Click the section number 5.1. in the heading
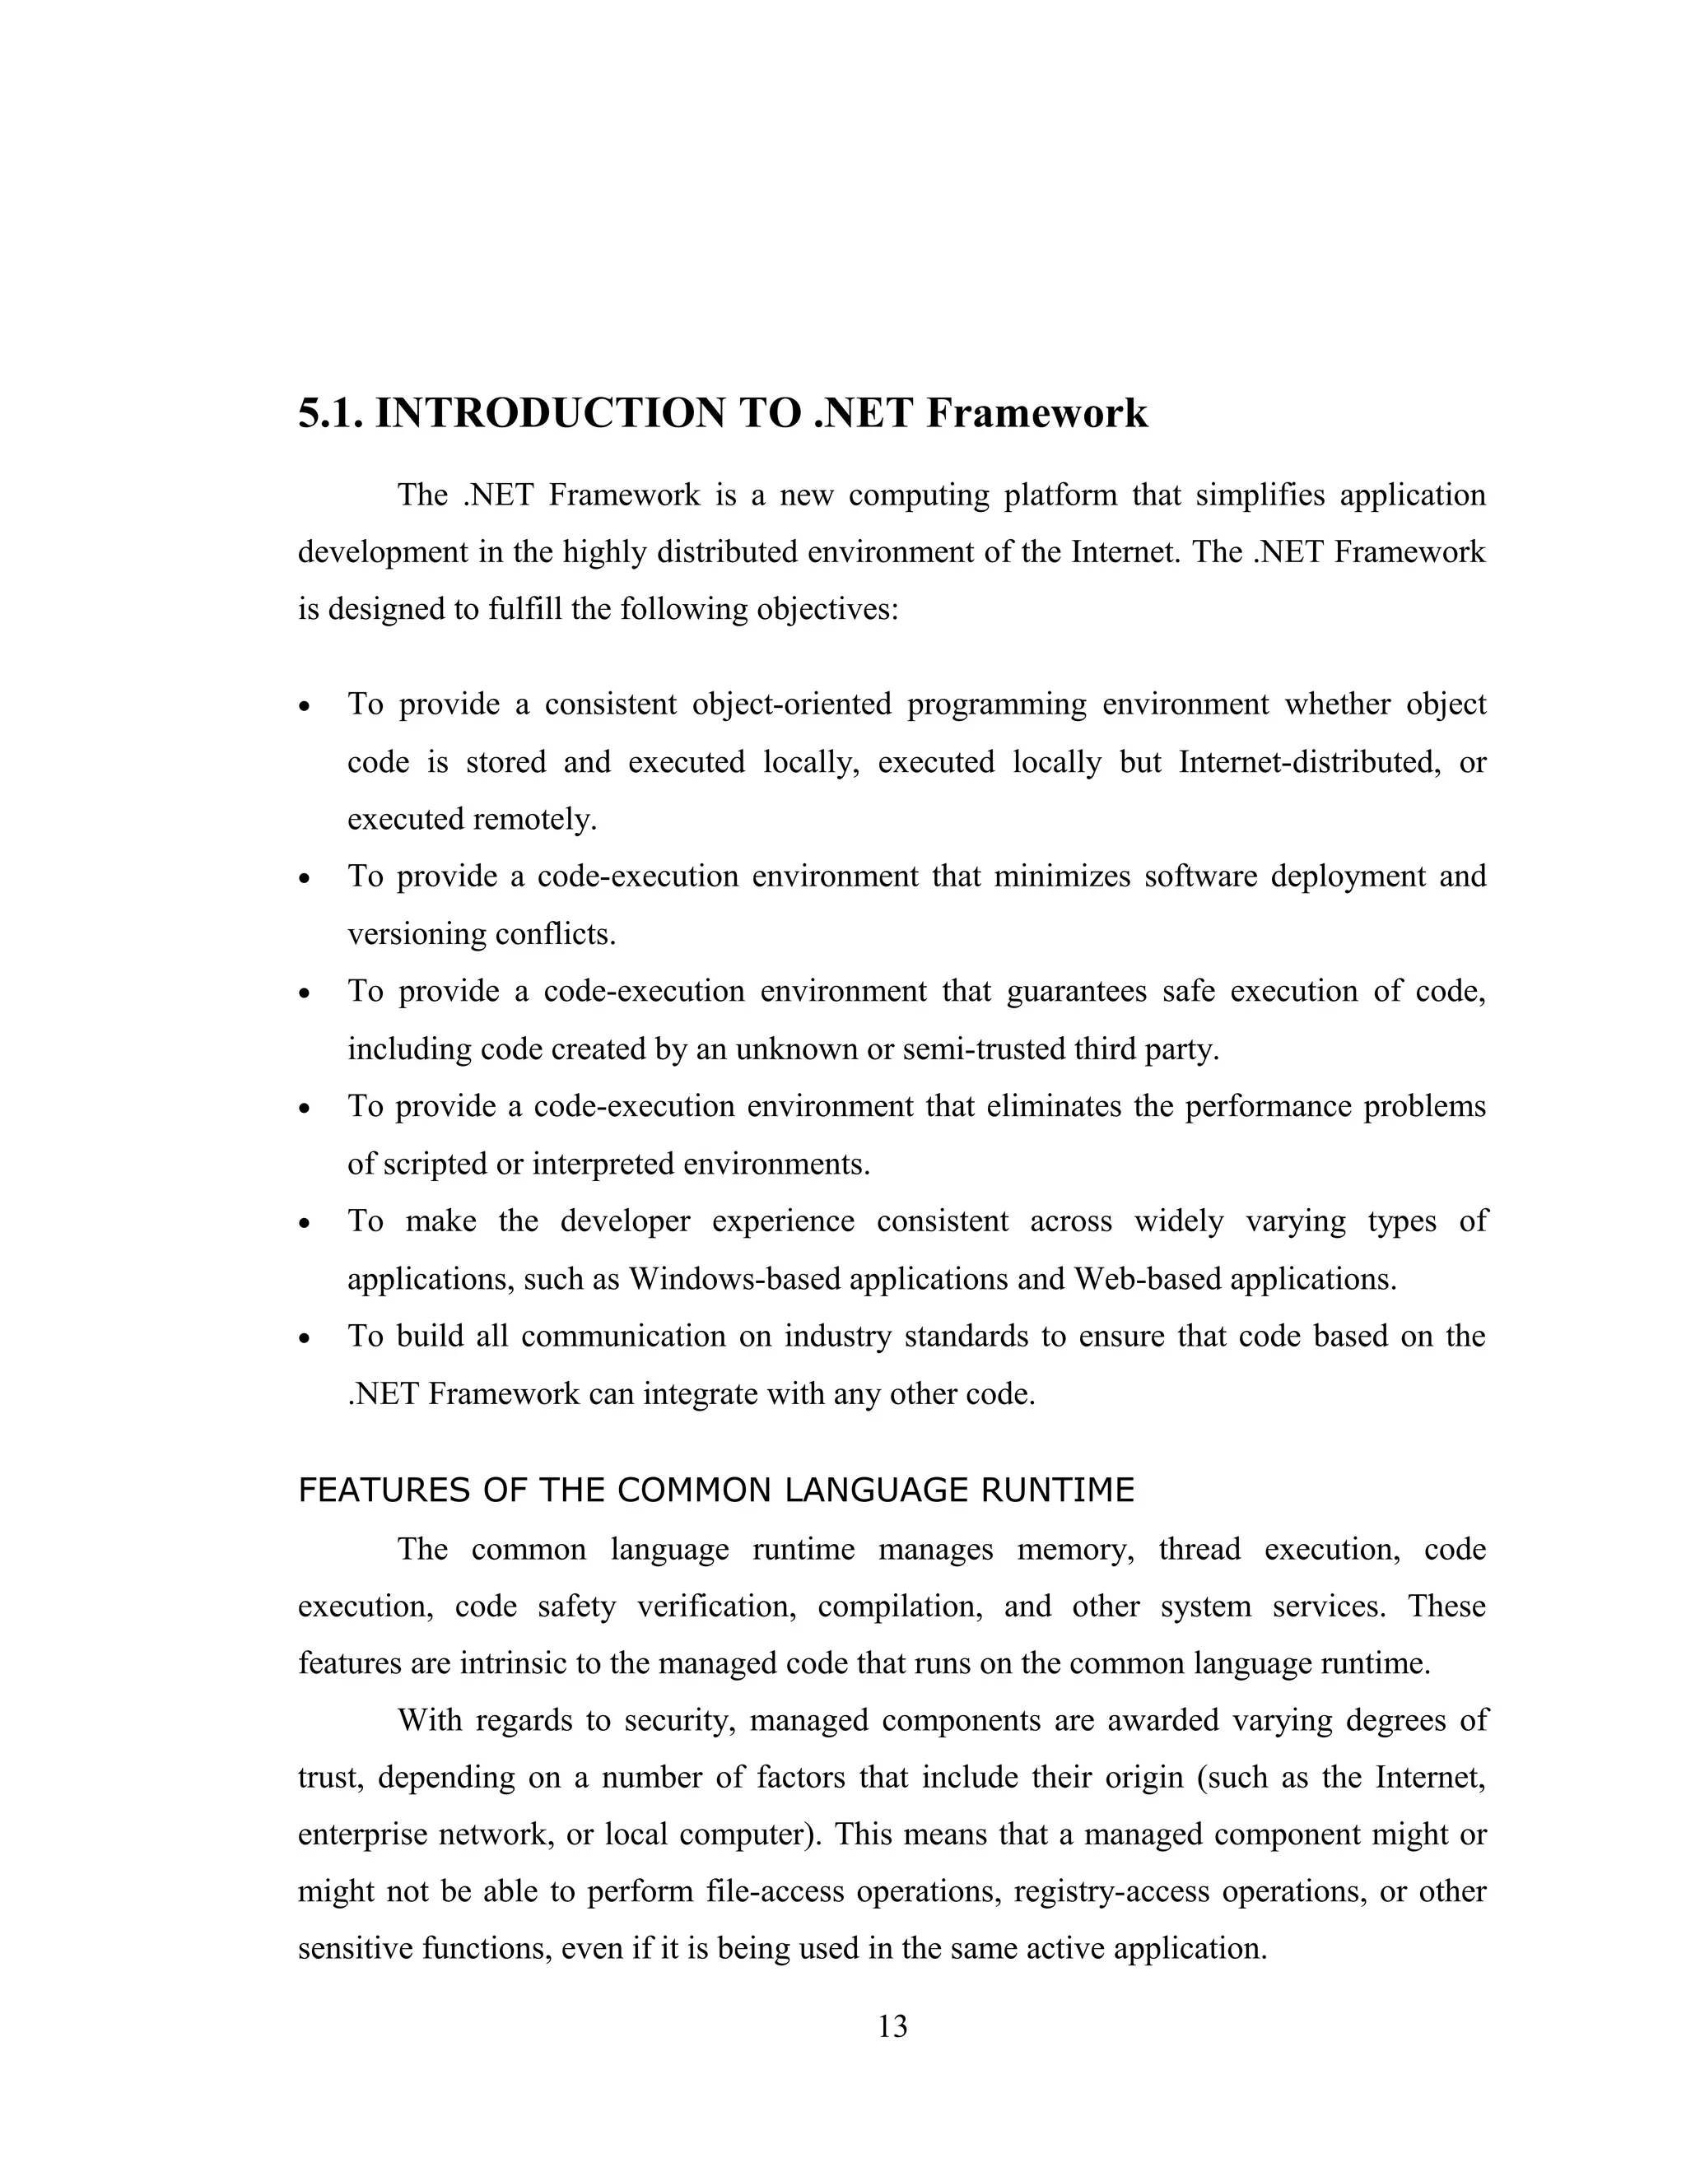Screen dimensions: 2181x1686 click(x=331, y=412)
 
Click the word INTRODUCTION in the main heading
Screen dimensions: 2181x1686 click(x=549, y=412)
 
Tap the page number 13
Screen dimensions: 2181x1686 click(x=892, y=2026)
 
